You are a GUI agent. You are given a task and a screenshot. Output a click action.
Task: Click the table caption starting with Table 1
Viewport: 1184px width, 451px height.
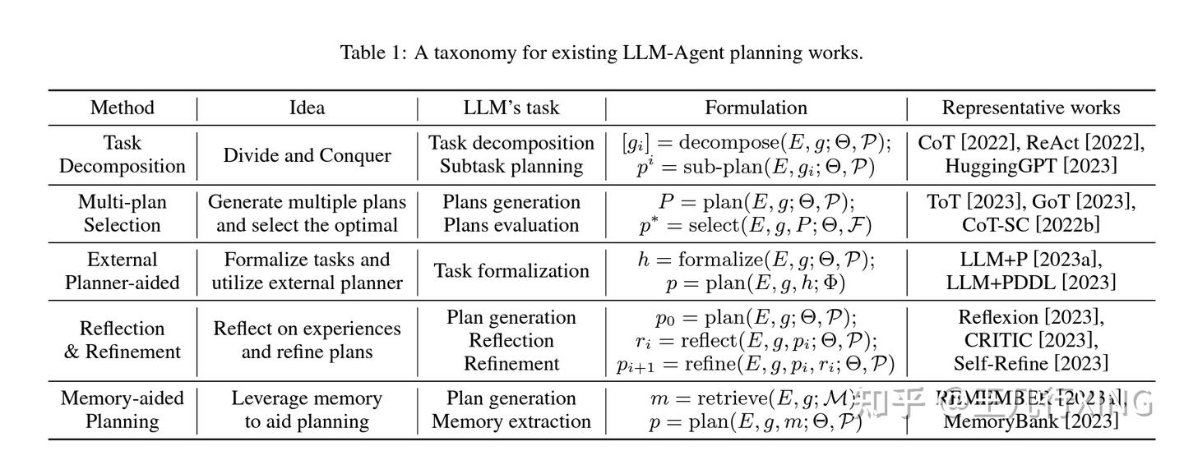[601, 53]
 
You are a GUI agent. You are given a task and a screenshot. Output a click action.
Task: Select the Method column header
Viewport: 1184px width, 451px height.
[122, 108]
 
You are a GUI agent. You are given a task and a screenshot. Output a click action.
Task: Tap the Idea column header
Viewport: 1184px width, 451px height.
[307, 108]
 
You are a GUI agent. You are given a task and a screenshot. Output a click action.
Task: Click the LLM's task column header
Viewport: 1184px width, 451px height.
[511, 108]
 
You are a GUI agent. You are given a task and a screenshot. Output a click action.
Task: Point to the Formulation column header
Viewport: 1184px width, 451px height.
[756, 108]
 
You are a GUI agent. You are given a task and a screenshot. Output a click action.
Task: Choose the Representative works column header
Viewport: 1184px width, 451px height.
[1030, 108]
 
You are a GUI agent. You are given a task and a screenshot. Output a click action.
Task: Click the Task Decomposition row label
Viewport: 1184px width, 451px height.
[122, 154]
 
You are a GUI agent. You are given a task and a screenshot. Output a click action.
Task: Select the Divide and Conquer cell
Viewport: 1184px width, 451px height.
[307, 155]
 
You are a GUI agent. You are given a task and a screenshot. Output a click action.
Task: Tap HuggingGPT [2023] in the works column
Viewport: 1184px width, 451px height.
[1030, 166]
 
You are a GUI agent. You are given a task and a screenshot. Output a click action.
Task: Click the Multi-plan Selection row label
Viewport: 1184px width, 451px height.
[122, 214]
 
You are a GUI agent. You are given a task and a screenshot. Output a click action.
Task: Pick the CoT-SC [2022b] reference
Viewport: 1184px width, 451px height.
[1030, 225]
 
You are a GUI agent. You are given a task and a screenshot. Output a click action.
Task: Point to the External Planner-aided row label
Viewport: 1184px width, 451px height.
[122, 271]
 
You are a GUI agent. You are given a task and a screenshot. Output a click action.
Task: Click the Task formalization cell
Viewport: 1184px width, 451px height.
[511, 271]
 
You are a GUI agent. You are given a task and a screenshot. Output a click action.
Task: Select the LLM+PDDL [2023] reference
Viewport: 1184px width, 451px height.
[1030, 283]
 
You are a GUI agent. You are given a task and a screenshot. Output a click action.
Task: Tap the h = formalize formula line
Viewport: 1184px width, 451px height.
[756, 260]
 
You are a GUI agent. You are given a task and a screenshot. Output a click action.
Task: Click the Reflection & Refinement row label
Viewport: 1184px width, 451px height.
[122, 340]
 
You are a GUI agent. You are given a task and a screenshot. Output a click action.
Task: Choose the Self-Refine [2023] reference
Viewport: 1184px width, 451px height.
[1030, 363]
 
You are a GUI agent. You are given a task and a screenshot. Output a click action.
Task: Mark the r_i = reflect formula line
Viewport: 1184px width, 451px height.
[756, 341]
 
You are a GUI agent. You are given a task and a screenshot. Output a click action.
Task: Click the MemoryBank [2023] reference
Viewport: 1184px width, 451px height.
[1030, 421]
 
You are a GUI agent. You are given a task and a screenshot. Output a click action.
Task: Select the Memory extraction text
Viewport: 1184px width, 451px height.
[511, 421]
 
